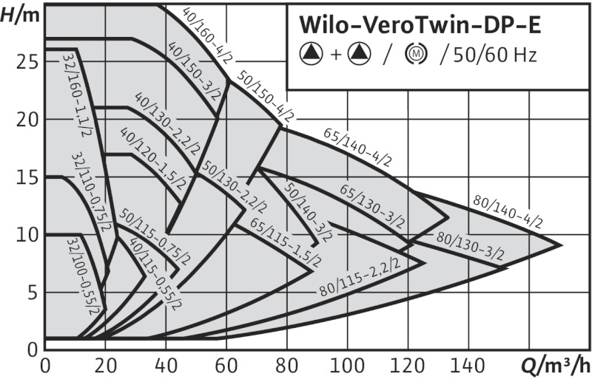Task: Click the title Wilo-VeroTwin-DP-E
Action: pos(420,25)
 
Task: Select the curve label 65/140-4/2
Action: pos(357,148)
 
